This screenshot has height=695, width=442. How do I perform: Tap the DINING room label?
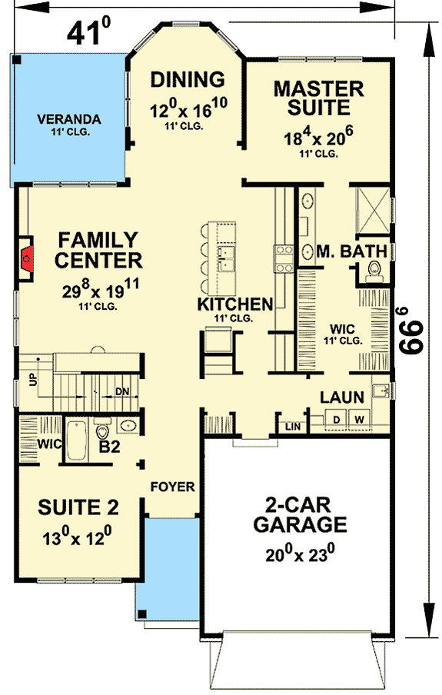click(187, 80)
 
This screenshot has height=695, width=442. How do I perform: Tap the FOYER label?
click(172, 487)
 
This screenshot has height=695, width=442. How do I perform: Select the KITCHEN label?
click(234, 304)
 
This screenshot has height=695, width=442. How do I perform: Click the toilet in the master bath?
click(375, 270)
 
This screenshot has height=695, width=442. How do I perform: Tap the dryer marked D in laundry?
click(337, 419)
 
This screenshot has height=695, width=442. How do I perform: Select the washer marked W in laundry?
click(359, 419)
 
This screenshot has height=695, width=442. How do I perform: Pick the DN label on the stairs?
click(121, 391)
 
